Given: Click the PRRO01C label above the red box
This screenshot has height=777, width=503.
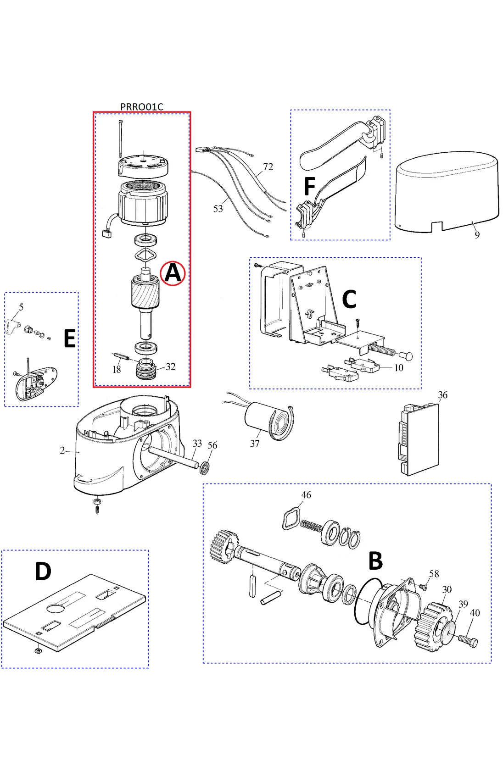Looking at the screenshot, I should coord(141,106).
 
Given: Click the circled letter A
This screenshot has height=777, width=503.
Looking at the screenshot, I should coord(173,273).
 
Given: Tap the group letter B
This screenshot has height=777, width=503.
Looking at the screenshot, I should coord(375,561).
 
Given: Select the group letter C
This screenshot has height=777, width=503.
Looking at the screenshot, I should coord(349,300).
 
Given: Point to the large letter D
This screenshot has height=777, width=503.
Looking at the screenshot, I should coord(43,572).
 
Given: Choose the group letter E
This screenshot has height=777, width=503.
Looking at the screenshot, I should coord(69,339).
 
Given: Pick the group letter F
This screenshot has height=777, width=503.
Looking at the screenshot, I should coord(310,187).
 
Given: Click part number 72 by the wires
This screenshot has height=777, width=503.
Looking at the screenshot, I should coord(268,167).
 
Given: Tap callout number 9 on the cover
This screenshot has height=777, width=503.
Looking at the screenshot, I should coord(477,235).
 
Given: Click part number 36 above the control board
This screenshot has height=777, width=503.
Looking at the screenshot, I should coord(442,395).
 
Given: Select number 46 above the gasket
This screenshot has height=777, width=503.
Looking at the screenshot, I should coord(306,495).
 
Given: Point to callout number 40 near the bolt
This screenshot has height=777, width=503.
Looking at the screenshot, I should coord(475,613).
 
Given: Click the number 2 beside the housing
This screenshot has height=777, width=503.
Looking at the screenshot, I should coord(62,450).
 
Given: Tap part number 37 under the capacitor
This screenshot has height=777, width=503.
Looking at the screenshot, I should coord(255,444).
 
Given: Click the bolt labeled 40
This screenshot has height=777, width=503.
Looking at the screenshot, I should coord(468,639).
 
